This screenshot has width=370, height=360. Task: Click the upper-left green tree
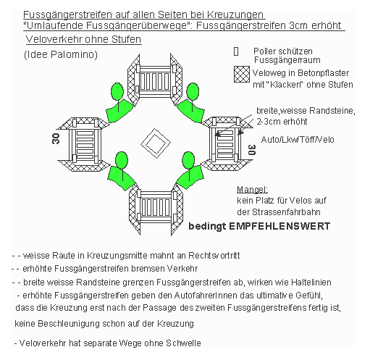coord(117,92)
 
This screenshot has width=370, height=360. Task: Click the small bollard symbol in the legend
coord(236,52)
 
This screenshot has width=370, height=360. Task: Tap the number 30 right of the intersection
coord(251,151)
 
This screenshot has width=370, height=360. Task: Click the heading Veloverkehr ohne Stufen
coord(82,39)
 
